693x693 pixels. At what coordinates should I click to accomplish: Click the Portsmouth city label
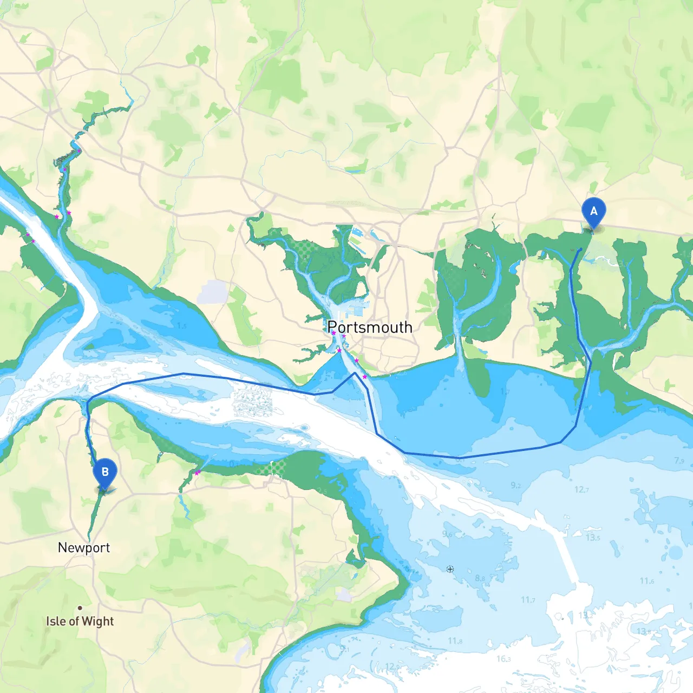pos(370,327)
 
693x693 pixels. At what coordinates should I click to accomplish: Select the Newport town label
pos(84,547)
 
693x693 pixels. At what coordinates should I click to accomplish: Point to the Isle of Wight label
pos(80,621)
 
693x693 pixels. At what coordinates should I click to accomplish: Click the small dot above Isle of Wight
pos(80,608)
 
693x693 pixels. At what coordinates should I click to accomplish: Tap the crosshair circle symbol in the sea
pos(450,569)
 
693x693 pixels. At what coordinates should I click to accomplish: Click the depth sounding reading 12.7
pos(581,489)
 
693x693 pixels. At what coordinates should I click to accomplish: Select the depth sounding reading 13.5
pos(593,538)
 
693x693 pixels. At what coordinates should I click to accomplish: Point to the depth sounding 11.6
pos(646,581)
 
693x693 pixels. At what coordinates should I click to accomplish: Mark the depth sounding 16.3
pos(503,658)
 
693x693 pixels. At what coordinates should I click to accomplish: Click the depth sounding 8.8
pos(480,578)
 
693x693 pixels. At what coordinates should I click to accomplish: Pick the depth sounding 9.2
pos(516,485)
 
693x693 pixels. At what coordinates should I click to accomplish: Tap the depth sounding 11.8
pos(455,641)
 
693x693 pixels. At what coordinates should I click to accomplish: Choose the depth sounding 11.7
pos(528,599)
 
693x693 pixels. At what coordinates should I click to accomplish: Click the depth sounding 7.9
pos(679,461)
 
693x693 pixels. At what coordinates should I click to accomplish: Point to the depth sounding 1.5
pos(181,326)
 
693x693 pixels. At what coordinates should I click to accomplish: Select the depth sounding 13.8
pos(643,631)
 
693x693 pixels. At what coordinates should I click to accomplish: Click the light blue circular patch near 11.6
pos(675,553)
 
